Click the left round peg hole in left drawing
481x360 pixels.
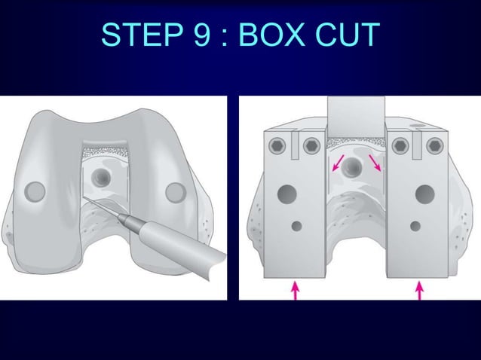click(35, 191)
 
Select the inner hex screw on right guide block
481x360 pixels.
click(400, 145)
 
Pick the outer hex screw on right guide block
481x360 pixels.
click(434, 145)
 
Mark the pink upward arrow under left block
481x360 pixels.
click(295, 289)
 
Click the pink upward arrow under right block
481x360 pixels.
click(419, 289)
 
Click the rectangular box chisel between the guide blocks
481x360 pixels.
click(356, 117)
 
